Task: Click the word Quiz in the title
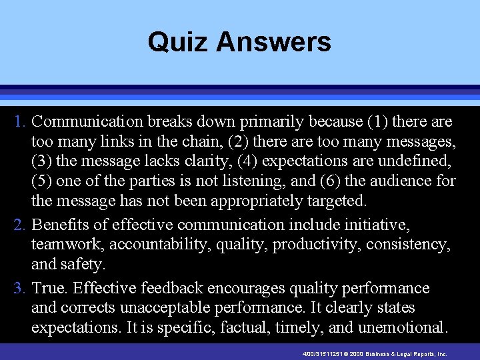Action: pyautogui.click(x=171, y=42)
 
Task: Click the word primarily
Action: pyautogui.click(x=278, y=122)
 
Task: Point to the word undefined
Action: pyautogui.click(x=414, y=161)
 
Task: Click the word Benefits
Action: pyautogui.click(x=60, y=225)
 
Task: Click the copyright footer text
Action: pyautogui.click(x=373, y=354)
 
